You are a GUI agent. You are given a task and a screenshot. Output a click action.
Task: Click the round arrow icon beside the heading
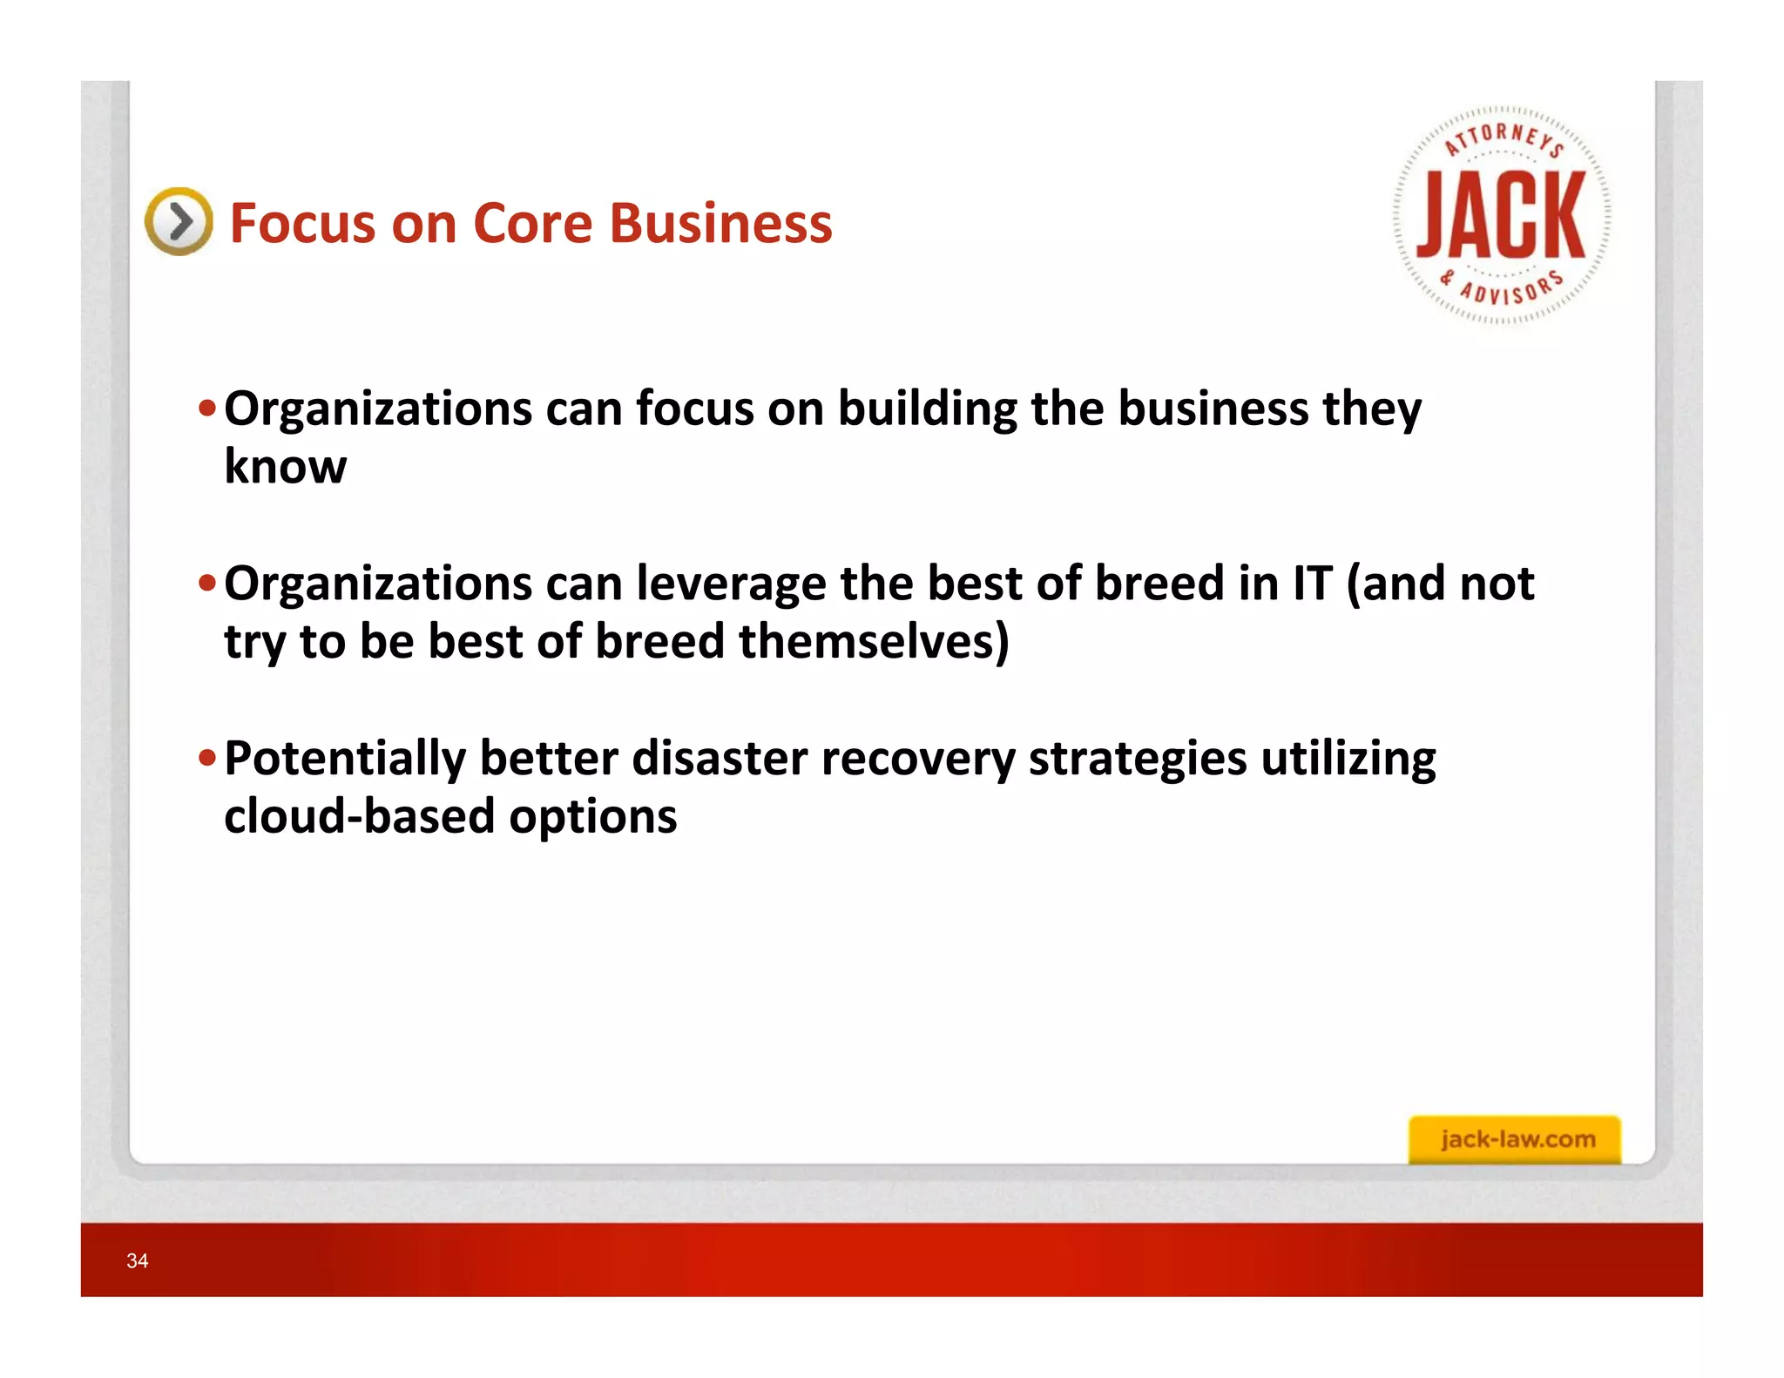coord(179,221)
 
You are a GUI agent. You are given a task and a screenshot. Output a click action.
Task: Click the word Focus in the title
coord(301,223)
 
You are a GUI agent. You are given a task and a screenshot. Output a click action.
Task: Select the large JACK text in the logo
coord(1501,216)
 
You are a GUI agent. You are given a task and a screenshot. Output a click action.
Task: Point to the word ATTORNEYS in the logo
coord(1504,138)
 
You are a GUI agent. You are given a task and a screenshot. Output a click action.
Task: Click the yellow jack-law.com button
coord(1515,1139)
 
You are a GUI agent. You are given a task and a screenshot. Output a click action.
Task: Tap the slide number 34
coord(138,1260)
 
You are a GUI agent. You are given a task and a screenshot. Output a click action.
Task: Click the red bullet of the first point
coord(206,408)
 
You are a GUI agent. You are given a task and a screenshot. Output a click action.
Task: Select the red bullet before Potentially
coord(206,758)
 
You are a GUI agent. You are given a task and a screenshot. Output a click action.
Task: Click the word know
coord(285,467)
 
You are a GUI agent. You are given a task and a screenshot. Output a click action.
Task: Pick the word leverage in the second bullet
coord(731,584)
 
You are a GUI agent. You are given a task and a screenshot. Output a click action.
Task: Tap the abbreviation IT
coord(1313,584)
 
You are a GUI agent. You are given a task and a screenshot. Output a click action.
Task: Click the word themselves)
coord(874,642)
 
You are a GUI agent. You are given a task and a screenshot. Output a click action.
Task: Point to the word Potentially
coord(345,758)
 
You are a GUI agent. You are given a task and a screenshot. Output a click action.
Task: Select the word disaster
coord(720,758)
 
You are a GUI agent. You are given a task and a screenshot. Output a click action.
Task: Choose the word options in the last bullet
coord(592,818)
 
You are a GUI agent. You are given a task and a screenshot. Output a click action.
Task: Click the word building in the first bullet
coord(927,409)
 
